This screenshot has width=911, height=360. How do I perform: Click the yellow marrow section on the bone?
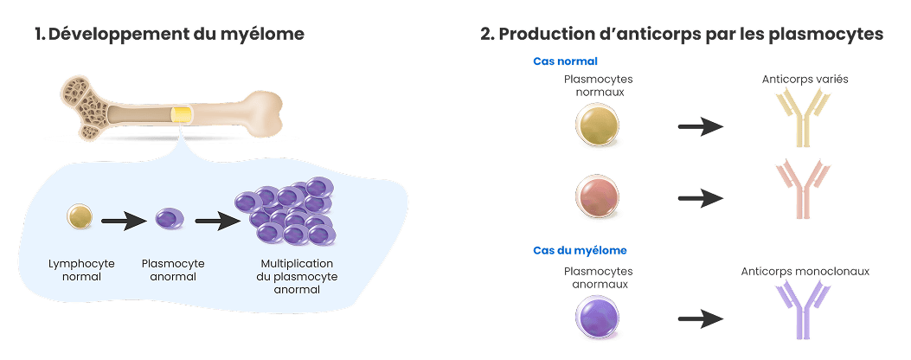pos(181,114)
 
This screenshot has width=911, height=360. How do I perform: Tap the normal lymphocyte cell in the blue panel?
pos(80,216)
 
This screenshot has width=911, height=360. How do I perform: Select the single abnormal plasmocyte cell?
pos(167,219)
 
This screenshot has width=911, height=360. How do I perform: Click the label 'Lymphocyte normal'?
pos(76,270)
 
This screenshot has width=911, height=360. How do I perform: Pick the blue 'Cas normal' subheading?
pos(565,62)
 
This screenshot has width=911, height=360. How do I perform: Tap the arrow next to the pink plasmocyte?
pos(701,196)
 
